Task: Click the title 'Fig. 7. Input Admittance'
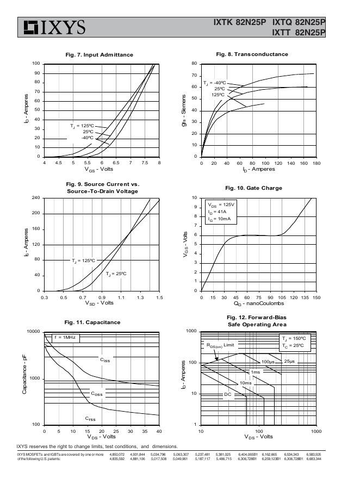pyautogui.click(x=99, y=55)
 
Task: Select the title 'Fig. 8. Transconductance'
pyautogui.click(x=252, y=54)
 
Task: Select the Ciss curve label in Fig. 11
pyautogui.click(x=104, y=360)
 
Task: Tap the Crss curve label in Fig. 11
pyautogui.click(x=90, y=419)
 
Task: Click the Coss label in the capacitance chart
pyautogui.click(x=96, y=394)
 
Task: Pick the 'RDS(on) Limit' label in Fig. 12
pyautogui.click(x=220, y=345)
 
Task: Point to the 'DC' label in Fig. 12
pyautogui.click(x=228, y=394)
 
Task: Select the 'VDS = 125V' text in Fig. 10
pyautogui.click(x=220, y=205)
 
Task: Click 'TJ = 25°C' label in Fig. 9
pyautogui.click(x=116, y=273)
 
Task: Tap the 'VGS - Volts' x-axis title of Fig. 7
pyautogui.click(x=102, y=169)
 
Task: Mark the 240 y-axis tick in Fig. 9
pyautogui.click(x=36, y=198)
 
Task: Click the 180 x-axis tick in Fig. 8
pyautogui.click(x=314, y=163)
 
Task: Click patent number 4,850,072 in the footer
pyautogui.click(x=117, y=454)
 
